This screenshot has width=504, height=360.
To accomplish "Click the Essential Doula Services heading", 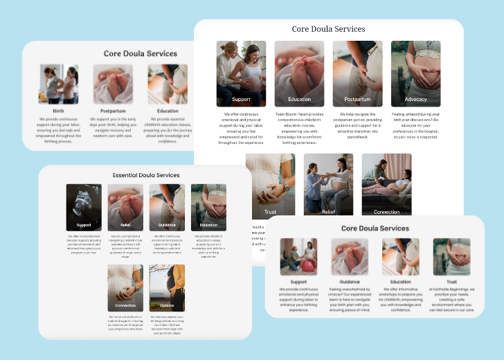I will pos(146,175).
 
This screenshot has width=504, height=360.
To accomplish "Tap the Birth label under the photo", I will pos(58,111).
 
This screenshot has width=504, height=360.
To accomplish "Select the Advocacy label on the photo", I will pos(415,100).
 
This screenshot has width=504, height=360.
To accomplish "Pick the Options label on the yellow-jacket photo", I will pos(167,305).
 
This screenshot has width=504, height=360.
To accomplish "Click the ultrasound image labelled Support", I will pos(84,207).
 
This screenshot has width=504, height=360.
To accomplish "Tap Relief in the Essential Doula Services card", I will pos(125,225).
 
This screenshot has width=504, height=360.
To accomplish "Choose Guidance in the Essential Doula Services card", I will pos(167,225).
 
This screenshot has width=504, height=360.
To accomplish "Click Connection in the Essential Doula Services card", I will pos(125,305).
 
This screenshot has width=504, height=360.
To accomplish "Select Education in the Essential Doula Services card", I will pos(208,225).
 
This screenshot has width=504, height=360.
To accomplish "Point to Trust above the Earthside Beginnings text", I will pos(451,282).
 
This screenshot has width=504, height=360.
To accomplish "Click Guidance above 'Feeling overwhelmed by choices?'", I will pos(350,282).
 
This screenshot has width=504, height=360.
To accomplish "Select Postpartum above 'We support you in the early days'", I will pos(113,111).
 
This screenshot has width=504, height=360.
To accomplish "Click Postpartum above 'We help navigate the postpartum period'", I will pos(357,100).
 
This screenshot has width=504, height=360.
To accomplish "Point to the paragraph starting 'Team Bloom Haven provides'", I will pos(299,128).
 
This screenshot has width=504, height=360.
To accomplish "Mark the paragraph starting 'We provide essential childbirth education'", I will pos(168,128).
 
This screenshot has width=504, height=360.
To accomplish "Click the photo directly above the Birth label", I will pos(58,84).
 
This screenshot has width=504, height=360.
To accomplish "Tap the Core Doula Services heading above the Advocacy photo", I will pos(328,29).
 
